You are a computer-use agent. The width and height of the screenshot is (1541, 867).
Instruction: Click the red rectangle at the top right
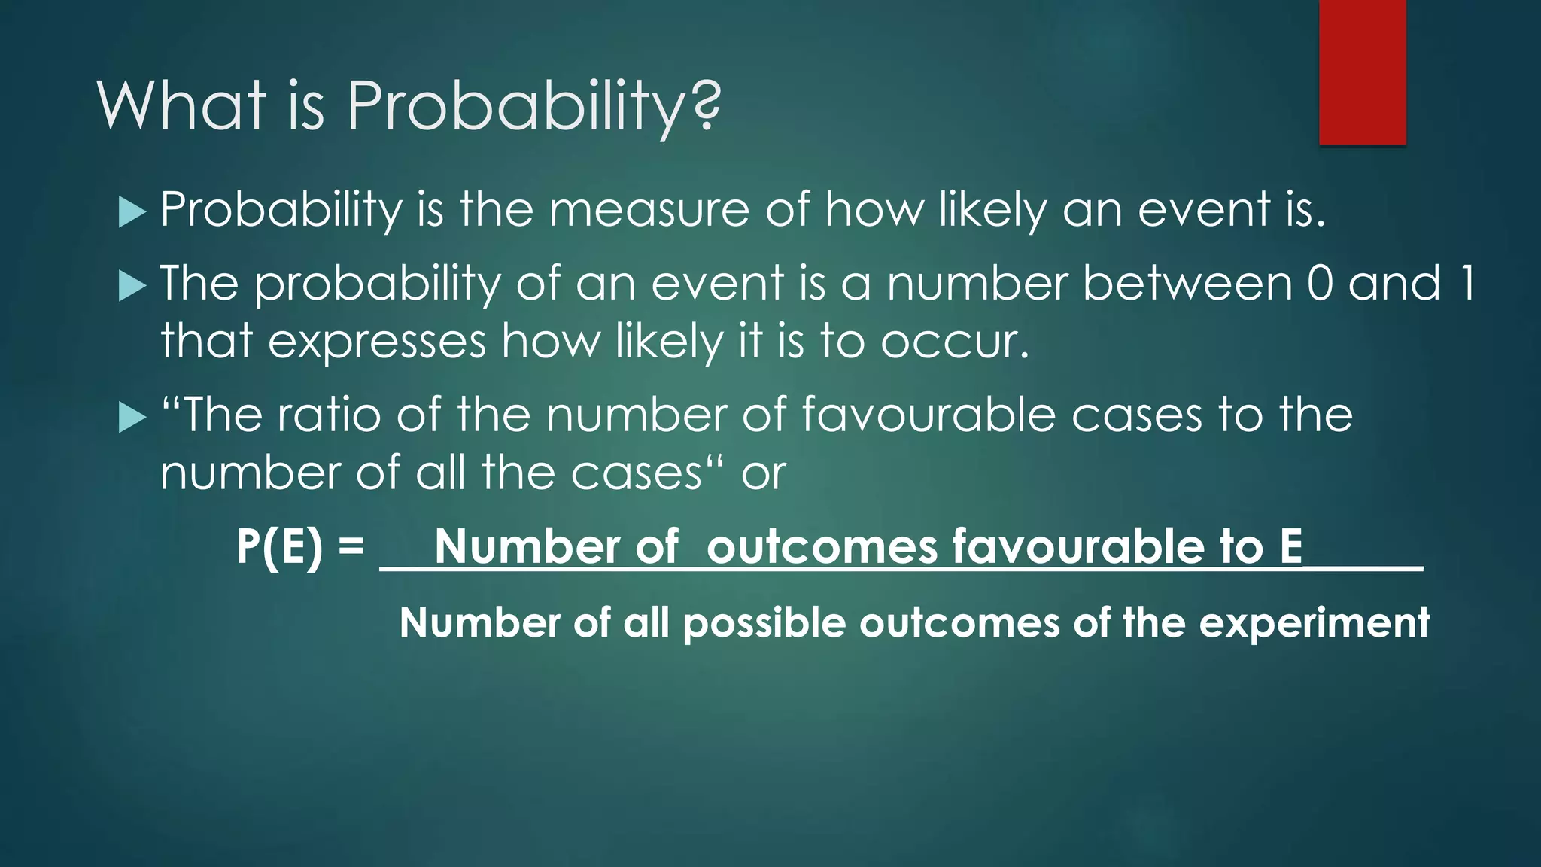1362,71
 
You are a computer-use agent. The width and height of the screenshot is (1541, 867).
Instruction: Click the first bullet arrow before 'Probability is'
132,212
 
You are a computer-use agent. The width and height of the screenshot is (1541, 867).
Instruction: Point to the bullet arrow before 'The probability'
132,286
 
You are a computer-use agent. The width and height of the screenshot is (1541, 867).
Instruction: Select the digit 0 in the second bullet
1321,283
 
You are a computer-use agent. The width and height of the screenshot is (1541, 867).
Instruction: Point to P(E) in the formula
279,546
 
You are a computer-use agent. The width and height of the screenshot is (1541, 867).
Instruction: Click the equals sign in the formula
351,544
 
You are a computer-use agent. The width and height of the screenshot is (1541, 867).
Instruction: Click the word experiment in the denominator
1314,624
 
